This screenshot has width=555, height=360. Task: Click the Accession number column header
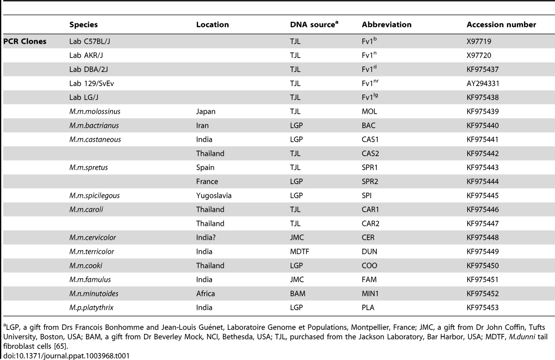tap(501, 25)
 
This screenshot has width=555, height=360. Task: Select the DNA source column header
tap(314, 24)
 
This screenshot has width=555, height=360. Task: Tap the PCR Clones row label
tap(25, 41)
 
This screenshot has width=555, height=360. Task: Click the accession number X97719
tap(479, 41)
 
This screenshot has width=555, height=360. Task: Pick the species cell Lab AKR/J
tap(86, 55)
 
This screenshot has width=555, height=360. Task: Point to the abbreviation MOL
tap(370, 112)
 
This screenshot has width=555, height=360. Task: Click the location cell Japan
tap(206, 112)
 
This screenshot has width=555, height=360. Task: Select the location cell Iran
tap(203, 126)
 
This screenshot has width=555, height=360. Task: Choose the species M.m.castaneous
tap(95, 139)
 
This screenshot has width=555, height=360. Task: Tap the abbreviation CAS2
tap(370, 153)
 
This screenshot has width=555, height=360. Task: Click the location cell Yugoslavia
tap(214, 196)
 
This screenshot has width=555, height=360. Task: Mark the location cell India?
tap(206, 238)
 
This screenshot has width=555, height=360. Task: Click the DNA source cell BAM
tap(298, 293)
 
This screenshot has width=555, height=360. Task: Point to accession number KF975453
tap(483, 308)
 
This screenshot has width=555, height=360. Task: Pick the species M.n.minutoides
tap(94, 293)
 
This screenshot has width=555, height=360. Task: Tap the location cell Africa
tap(205, 293)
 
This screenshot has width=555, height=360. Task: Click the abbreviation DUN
tap(370, 252)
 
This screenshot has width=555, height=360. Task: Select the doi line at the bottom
tap(67, 356)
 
